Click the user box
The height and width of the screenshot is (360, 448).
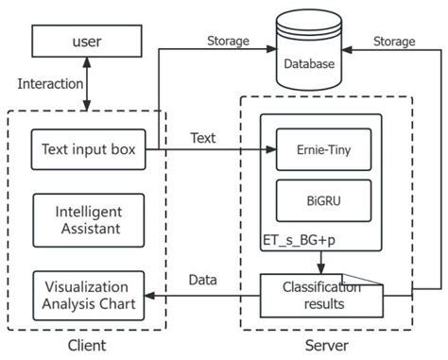click(88, 42)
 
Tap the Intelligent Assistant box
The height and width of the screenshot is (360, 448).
click(88, 216)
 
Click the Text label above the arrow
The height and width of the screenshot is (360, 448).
click(202, 138)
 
